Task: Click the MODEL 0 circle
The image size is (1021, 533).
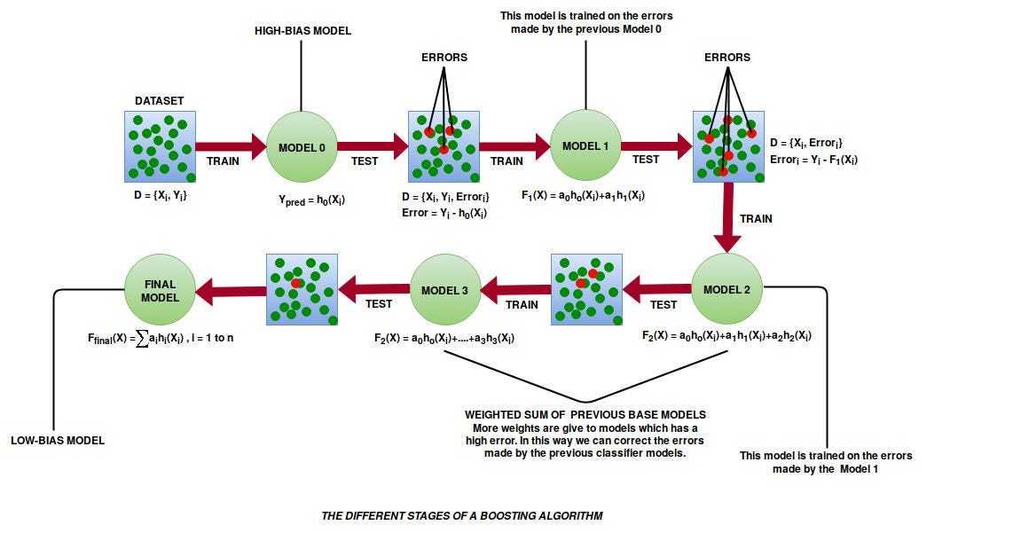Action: click(x=302, y=146)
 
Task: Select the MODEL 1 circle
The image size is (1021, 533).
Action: click(x=585, y=146)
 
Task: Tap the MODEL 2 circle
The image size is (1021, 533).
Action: click(x=726, y=288)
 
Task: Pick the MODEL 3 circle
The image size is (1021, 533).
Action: click(x=444, y=289)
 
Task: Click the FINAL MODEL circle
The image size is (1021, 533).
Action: click(x=160, y=289)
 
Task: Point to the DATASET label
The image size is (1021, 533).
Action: click(x=160, y=101)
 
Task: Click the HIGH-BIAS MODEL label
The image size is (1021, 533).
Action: click(x=302, y=31)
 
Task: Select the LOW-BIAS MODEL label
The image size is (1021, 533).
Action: click(x=58, y=440)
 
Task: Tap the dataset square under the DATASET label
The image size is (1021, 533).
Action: click(x=160, y=146)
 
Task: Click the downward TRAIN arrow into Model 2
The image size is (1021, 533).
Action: click(x=727, y=218)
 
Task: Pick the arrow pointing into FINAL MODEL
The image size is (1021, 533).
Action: click(x=231, y=288)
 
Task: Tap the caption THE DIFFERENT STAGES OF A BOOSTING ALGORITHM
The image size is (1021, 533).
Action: click(x=461, y=515)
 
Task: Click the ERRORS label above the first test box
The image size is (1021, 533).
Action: click(x=444, y=58)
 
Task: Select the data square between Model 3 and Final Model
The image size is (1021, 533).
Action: click(x=302, y=288)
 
